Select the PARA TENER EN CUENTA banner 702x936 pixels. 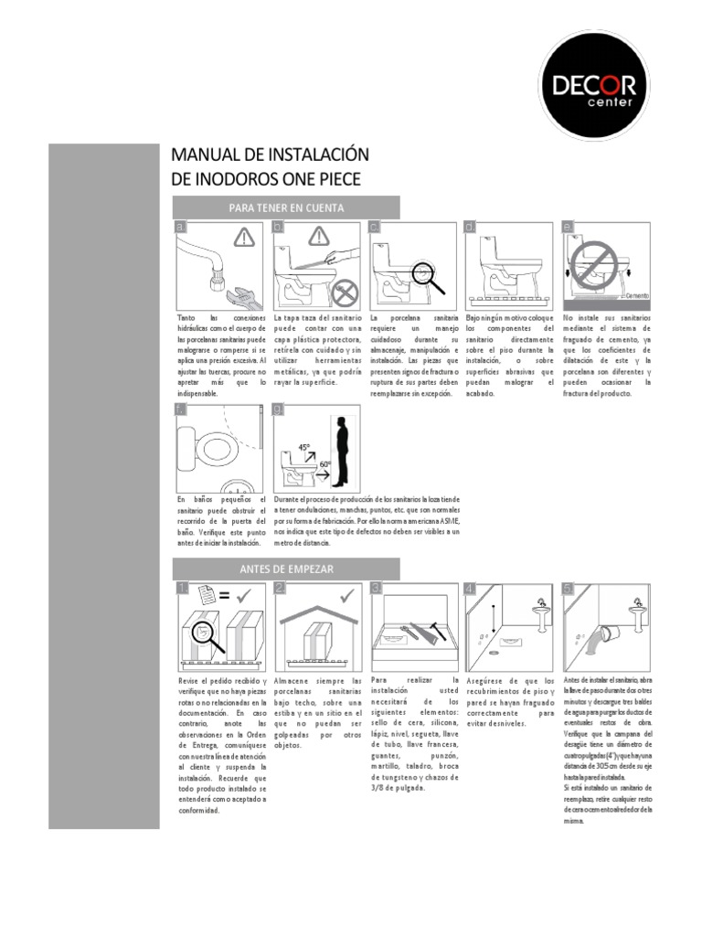coord(286,207)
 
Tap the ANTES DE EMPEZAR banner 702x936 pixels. coord(286,569)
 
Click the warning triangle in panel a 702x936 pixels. coord(243,239)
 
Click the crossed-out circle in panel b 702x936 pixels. coord(344,294)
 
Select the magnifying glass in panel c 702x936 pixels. coord(426,276)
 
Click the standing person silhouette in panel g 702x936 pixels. coord(341,452)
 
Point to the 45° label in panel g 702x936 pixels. coord(303,448)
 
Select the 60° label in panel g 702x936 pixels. coord(324,464)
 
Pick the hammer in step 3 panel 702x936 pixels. coord(438,633)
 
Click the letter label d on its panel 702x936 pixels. coord(469,228)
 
